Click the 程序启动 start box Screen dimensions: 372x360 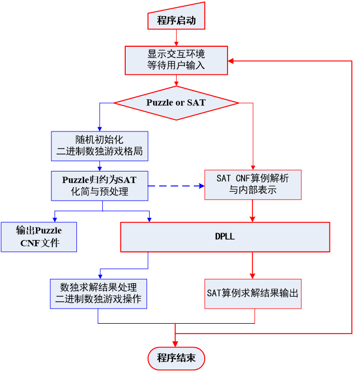click(176, 21)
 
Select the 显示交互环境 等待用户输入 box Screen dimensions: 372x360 click(176, 60)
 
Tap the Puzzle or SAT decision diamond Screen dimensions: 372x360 click(176, 102)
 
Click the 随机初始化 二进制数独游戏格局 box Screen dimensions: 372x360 click(99, 147)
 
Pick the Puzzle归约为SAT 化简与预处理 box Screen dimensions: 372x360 click(99, 185)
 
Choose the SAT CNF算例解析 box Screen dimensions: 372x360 click(252, 184)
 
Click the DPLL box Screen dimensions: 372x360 click(225, 237)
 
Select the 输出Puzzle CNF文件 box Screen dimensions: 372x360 click(39, 237)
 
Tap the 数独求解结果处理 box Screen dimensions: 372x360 click(98, 294)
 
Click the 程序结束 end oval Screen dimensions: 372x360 click(176, 358)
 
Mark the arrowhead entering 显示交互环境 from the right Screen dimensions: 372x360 click(232, 60)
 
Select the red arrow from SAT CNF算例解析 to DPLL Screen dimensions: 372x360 click(252, 211)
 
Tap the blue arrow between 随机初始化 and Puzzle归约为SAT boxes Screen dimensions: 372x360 click(99, 166)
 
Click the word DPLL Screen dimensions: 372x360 click(225, 237)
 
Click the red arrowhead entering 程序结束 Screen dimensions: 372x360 click(176, 343)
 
